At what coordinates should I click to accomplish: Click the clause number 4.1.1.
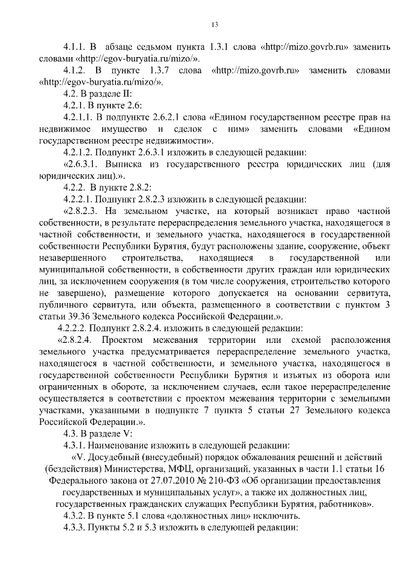[x=74, y=47]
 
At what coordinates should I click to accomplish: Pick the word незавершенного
[x=70, y=256]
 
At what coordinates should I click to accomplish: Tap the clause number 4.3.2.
[x=74, y=515]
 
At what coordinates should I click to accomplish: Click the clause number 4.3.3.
[x=74, y=526]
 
